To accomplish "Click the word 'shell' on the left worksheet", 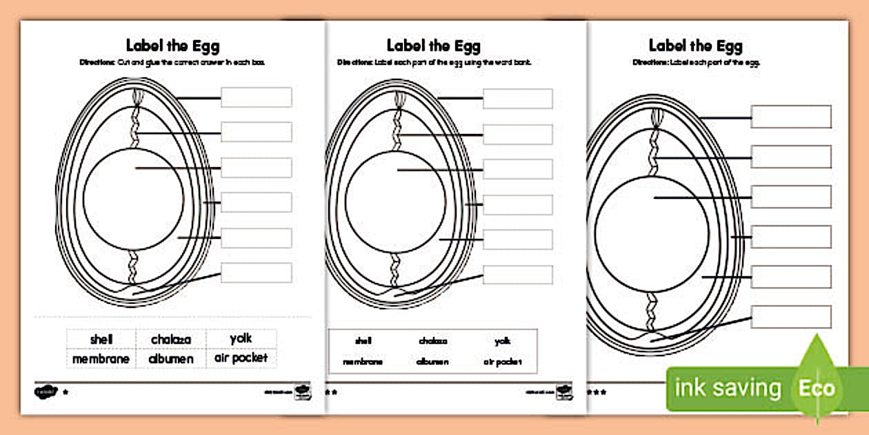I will [x=101, y=340].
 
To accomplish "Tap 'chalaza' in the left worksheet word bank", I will [x=170, y=340].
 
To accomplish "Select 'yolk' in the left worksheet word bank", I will [x=241, y=338].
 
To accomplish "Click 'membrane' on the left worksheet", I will [x=101, y=359].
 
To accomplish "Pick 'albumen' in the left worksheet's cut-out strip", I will [x=170, y=359].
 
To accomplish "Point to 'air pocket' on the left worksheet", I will [x=241, y=358].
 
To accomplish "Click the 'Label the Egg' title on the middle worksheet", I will [x=433, y=46].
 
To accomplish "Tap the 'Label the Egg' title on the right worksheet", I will [x=695, y=46].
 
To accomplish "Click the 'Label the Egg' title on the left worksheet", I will [x=172, y=46].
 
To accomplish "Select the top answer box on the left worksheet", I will [x=256, y=97].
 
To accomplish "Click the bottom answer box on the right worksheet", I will [x=790, y=316].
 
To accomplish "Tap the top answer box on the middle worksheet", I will [x=517, y=99].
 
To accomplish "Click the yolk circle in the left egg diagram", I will [x=133, y=199].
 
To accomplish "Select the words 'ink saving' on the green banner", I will [x=728, y=388].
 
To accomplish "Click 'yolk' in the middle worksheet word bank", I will [x=502, y=341].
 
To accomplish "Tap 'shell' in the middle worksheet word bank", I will [x=363, y=341].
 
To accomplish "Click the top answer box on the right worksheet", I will [x=790, y=117].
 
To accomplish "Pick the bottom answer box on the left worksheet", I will [x=256, y=273].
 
